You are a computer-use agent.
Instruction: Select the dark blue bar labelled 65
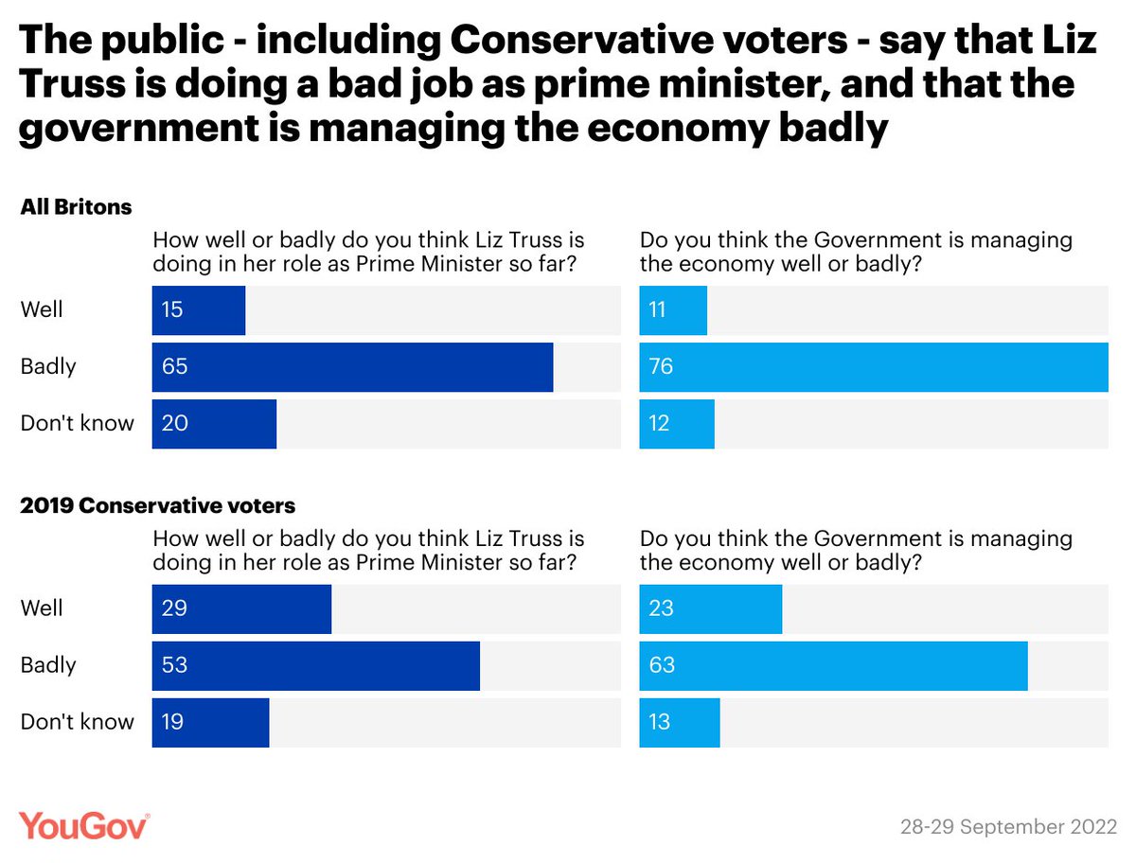(352, 367)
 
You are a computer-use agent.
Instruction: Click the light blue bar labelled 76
(873, 367)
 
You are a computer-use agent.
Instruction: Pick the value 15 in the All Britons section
(174, 310)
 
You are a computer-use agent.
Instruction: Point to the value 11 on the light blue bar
(658, 310)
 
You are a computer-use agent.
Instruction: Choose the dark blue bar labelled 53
(315, 665)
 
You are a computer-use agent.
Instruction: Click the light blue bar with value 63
(833, 665)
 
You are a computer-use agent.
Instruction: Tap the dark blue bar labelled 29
(241, 608)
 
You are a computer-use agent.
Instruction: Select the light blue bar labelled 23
(710, 608)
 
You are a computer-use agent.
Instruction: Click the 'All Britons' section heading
(77, 207)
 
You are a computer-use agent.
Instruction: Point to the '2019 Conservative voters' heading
(158, 505)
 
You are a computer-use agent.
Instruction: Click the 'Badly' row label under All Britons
(48, 367)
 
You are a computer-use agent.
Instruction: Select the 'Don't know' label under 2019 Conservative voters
(78, 722)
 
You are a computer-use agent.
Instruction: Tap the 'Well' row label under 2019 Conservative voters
(43, 608)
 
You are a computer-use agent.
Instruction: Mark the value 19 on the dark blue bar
(174, 722)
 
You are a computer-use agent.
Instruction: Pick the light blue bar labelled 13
(680, 722)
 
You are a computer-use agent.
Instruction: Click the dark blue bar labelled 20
(214, 424)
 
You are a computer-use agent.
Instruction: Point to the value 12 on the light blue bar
(659, 424)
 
